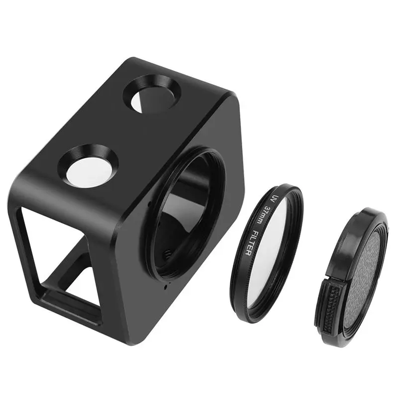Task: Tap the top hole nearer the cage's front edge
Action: (89, 164)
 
